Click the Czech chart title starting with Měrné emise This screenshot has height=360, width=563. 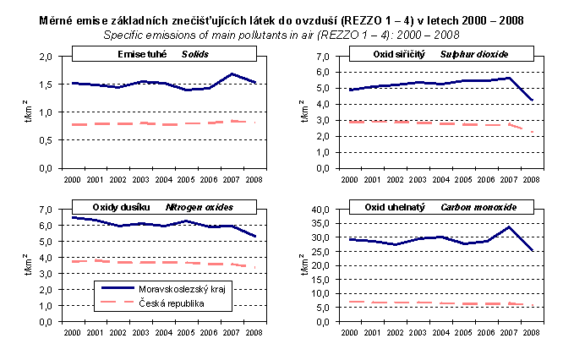(281, 20)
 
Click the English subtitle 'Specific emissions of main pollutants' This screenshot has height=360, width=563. (281, 35)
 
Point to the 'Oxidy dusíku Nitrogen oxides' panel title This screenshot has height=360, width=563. (164, 207)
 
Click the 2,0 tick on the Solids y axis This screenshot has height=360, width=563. (49, 57)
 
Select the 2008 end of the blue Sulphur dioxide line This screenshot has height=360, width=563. (533, 100)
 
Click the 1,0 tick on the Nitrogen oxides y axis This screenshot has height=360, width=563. (49, 306)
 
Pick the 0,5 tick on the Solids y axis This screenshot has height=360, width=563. (49, 140)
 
